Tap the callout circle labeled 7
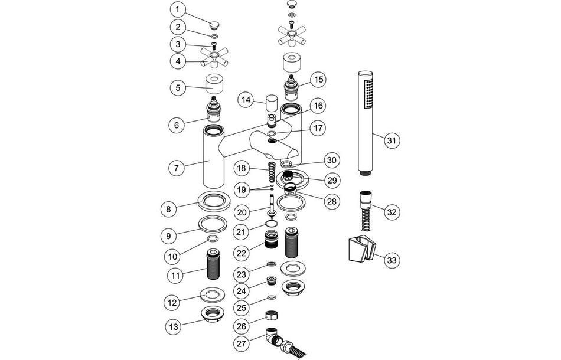pyautogui.click(x=176, y=168)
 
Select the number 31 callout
pyautogui.click(x=390, y=140)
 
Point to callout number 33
pyautogui.click(x=390, y=259)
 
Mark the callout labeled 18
pyautogui.click(x=242, y=168)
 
